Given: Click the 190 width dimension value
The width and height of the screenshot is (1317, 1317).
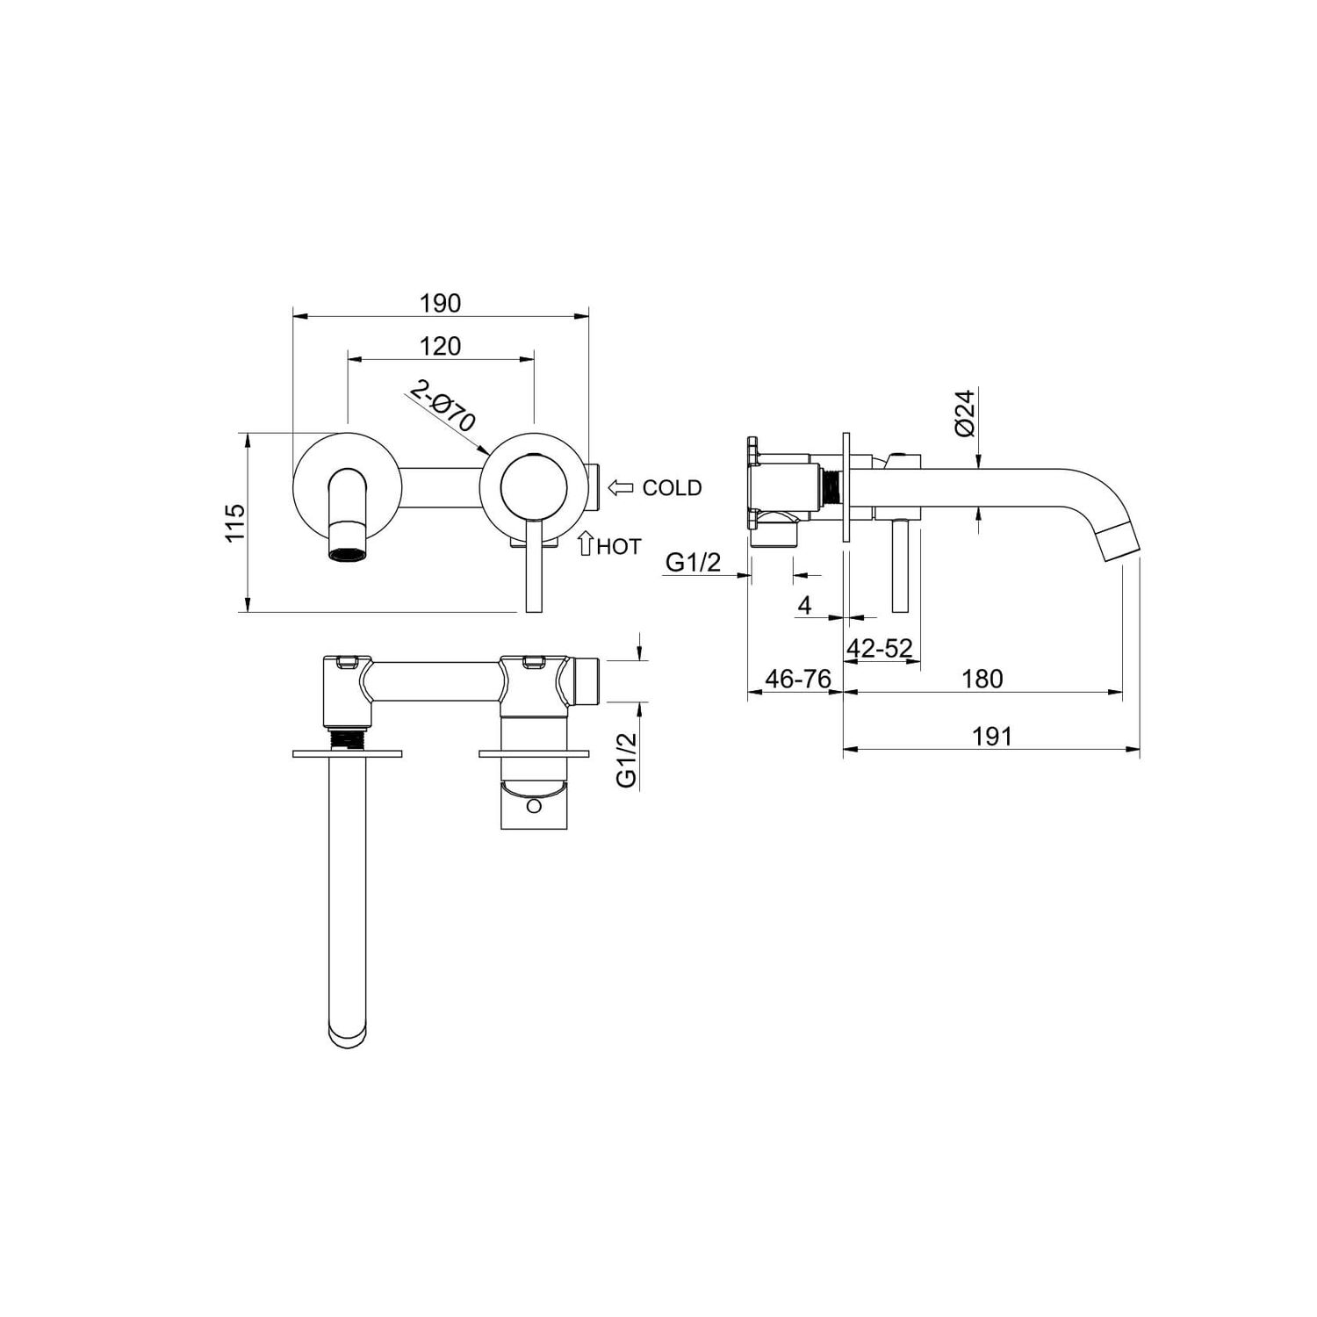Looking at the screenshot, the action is click(x=440, y=303).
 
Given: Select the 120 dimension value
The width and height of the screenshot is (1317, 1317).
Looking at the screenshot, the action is click(x=440, y=346).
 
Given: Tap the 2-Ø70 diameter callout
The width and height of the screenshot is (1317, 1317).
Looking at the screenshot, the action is click(x=443, y=405).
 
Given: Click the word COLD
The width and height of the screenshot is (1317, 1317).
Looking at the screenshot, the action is click(x=672, y=488).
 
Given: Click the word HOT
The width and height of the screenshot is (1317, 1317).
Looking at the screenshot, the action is click(x=619, y=547).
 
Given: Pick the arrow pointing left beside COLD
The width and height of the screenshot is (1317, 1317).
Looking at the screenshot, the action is click(x=621, y=487).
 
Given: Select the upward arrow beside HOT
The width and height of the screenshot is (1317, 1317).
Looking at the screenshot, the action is click(x=586, y=543).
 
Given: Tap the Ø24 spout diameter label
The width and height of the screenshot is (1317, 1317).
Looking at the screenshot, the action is click(x=965, y=414).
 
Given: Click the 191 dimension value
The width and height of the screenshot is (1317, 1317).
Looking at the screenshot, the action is click(x=992, y=736).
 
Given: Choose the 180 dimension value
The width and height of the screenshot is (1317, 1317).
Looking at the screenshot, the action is click(x=982, y=679).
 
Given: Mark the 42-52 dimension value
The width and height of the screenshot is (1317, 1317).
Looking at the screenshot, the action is click(x=880, y=648).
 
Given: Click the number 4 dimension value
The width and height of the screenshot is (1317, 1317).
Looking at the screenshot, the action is click(x=804, y=605).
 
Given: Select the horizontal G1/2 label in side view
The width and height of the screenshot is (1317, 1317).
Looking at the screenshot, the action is click(x=693, y=561).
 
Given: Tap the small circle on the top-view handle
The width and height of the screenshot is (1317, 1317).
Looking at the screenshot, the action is click(x=532, y=805).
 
